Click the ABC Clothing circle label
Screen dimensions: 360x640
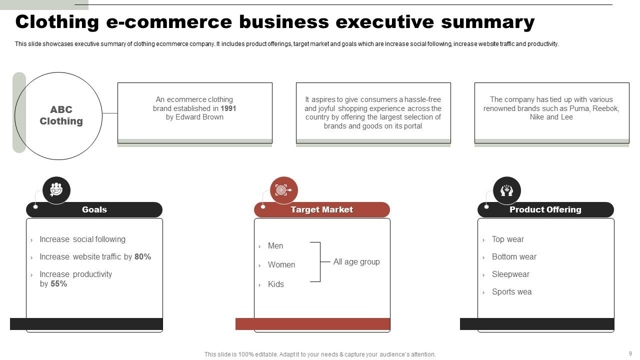[61, 115]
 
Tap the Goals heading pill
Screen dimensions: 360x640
[94, 210]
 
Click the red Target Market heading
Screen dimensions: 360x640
[322, 210]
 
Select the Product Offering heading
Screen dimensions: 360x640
[545, 210]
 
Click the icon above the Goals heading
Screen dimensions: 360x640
[56, 190]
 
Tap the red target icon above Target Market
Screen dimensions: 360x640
[283, 190]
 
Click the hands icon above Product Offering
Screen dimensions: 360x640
[506, 190]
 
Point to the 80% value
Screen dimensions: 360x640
[142, 257]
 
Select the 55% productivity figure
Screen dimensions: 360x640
[58, 284]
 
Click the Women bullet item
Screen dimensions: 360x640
[281, 265]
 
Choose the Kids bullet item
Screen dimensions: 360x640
[276, 284]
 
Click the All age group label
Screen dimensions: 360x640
[356, 262]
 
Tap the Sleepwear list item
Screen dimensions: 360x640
[510, 274]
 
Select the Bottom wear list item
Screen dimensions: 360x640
[514, 257]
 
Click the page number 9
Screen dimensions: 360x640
[630, 353]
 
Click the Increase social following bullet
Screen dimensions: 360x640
[82, 239]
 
